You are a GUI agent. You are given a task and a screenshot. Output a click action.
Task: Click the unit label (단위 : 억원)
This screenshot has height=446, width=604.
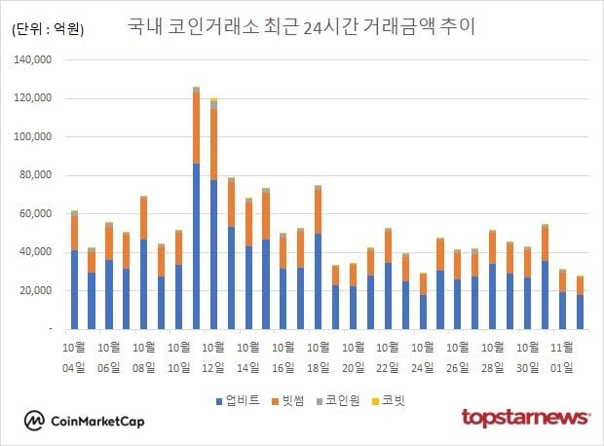coord(48,30)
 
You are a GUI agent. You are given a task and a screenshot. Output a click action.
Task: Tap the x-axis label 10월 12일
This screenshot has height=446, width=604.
coord(214,356)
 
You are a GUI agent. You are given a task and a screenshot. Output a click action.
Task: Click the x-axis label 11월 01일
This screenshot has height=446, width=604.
coord(561,356)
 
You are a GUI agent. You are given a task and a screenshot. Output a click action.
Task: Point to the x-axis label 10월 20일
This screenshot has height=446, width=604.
coord(353,356)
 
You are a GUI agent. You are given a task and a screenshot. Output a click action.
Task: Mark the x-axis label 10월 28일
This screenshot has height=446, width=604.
coord(492,356)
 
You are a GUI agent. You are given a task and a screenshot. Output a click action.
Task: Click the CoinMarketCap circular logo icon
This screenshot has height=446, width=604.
coord(35,420)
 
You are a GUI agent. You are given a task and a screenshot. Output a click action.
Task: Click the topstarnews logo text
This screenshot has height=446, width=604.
coord(525,418)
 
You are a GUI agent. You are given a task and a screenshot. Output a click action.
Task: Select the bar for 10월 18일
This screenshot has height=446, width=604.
coord(318,257)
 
